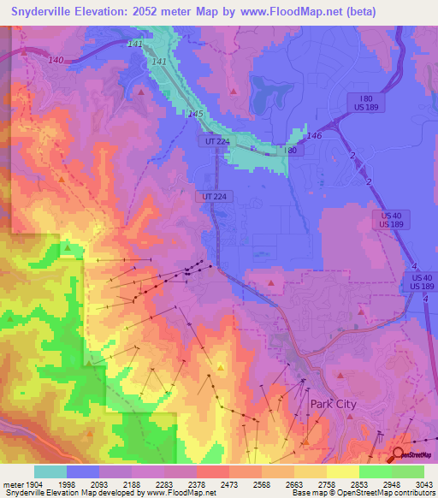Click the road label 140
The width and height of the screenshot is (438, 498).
point(56,60)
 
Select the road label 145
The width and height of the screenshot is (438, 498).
point(196,115)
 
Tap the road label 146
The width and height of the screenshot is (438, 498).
point(315,136)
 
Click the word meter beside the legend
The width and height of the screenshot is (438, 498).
point(10,483)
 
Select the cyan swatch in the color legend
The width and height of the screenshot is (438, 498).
point(50,471)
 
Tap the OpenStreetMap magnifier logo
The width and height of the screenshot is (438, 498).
point(398,454)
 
